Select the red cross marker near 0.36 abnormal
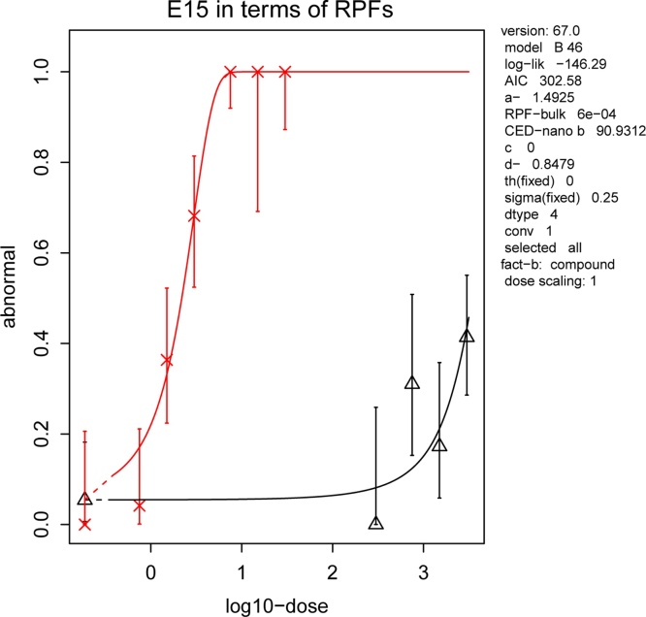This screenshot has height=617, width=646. [x=167, y=361]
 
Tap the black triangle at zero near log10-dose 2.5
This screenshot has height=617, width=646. [x=376, y=523]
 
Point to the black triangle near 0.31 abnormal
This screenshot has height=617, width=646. [x=412, y=382]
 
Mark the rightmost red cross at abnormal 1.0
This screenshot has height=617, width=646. [x=285, y=72]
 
